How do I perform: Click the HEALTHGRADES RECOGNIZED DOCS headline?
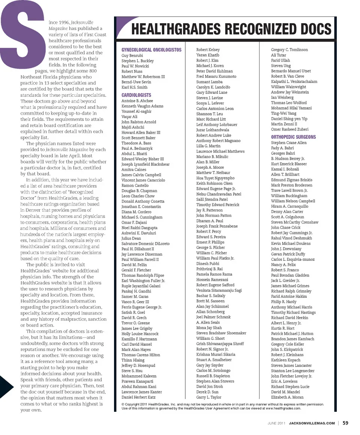point(231,29)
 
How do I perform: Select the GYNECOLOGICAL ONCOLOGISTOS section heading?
point(151,50)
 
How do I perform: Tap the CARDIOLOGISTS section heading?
point(136,95)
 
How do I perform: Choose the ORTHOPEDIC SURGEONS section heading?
point(294,137)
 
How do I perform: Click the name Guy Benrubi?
point(132,55)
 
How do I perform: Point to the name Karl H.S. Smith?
point(135,87)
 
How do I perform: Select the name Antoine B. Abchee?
point(137,101)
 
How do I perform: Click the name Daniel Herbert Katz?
point(138,397)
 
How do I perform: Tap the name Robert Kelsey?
point(208,49)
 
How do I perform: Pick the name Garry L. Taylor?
point(209,397)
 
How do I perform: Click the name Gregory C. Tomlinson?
point(289,49)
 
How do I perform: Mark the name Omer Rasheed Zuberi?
point(290,129)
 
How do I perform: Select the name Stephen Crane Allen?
point(289,143)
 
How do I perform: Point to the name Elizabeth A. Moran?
point(287,397)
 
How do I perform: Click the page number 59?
point(345,423)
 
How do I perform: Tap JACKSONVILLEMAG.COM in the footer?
point(312,423)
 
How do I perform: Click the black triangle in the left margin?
point(7,386)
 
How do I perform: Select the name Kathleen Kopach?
point(286,360)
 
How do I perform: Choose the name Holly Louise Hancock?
point(140,334)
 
